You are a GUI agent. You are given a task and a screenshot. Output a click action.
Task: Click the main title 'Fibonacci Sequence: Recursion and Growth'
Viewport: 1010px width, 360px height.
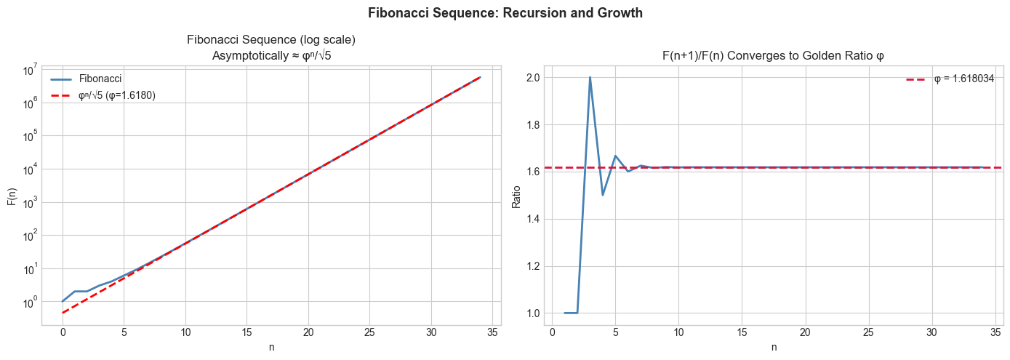pyautogui.click(x=505, y=13)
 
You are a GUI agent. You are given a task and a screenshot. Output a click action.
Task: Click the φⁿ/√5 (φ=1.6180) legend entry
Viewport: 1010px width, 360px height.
pyautogui.click(x=116, y=95)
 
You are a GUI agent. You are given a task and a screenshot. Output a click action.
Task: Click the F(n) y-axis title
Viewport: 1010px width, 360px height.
pyautogui.click(x=12, y=197)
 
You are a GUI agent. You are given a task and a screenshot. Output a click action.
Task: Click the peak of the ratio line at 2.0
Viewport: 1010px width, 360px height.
pyautogui.click(x=590, y=77)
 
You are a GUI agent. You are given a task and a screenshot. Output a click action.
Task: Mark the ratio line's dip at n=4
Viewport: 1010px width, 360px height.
pyautogui.click(x=603, y=195)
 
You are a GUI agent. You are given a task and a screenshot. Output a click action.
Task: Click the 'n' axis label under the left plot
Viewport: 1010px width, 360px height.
pyautogui.click(x=271, y=348)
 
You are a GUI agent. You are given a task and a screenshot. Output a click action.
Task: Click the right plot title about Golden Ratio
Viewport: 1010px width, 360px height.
pyautogui.click(x=774, y=55)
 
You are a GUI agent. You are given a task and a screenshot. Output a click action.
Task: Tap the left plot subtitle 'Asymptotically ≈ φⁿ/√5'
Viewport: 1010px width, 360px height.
pyautogui.click(x=271, y=55)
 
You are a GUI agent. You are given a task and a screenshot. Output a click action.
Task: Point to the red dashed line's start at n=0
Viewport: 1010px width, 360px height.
pyautogui.click(x=63, y=313)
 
